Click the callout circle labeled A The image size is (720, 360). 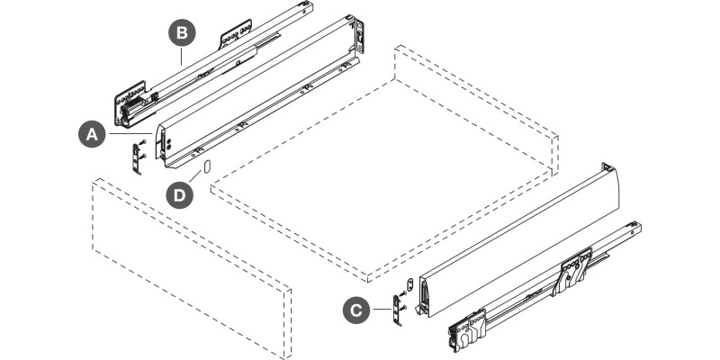coord(90,134)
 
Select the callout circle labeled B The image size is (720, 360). coord(182,34)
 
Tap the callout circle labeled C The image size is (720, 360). coord(356,310)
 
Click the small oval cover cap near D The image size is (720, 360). coord(205,167)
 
